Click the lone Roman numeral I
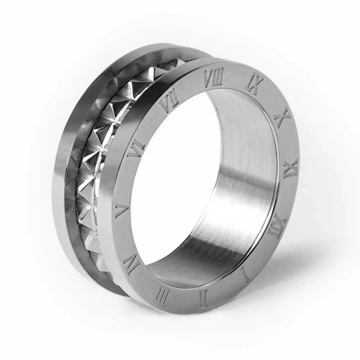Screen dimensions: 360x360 [x=246, y=274]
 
